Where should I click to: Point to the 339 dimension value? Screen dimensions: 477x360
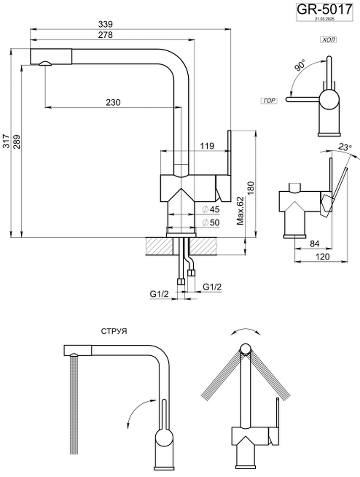(105, 24)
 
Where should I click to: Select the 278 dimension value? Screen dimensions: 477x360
(105, 35)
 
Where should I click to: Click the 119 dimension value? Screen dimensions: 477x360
(208, 146)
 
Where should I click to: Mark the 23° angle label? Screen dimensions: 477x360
(344, 148)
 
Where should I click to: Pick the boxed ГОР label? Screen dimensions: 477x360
(269, 100)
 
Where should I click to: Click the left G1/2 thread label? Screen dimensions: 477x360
(160, 294)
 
